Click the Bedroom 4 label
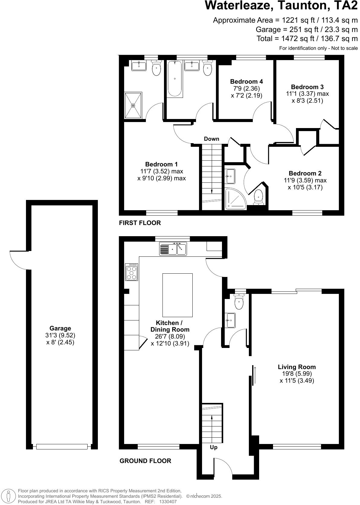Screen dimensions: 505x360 (246, 82)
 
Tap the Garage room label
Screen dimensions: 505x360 (60, 328)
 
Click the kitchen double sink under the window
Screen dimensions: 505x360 (173, 249)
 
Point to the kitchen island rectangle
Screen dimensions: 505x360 (177, 295)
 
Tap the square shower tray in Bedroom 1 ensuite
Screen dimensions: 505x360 (133, 105)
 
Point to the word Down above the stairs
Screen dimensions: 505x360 (211, 139)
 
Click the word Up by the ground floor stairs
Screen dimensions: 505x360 (214, 447)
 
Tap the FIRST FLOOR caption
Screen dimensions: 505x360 (140, 223)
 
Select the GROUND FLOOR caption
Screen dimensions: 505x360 (145, 461)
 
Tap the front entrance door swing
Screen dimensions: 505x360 (223, 467)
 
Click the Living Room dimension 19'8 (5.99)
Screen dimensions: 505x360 (297, 374)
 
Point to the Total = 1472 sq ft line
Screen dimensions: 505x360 (307, 39)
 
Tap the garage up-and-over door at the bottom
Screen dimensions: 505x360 (62, 446)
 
